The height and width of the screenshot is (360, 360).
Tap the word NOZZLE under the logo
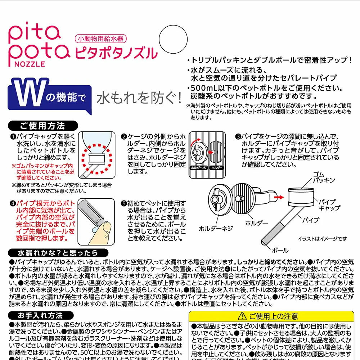click(31, 64)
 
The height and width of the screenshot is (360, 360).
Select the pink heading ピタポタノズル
click(116, 53)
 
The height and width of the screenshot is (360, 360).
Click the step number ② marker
click(123, 137)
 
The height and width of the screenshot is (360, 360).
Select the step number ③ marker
click(238, 137)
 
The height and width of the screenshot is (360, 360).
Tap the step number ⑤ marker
click(123, 203)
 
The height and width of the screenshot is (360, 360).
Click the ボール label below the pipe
click(280, 249)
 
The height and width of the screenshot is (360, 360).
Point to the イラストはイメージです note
click(322, 239)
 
